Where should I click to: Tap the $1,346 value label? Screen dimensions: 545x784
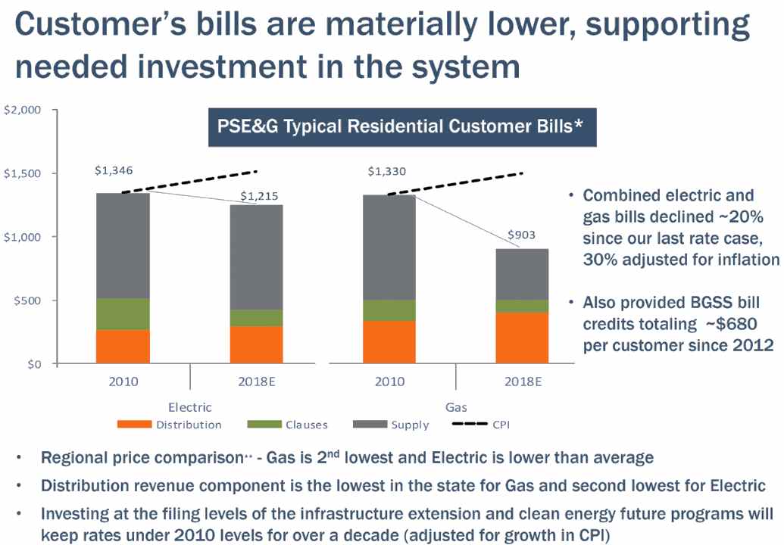point(114,170)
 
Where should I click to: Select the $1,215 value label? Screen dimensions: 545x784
point(259,196)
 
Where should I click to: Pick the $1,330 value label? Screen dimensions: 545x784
point(386,170)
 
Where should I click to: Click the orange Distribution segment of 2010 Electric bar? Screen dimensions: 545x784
point(123,346)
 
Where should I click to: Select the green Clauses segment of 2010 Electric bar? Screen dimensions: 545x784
point(123,313)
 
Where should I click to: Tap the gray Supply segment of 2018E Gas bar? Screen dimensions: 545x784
point(521,274)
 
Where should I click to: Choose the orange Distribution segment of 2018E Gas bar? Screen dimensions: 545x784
point(521,338)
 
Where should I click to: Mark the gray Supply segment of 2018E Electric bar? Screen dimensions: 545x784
point(256,257)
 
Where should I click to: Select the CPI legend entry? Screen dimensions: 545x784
point(482,425)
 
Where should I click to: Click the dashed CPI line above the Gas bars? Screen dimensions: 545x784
point(454,183)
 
